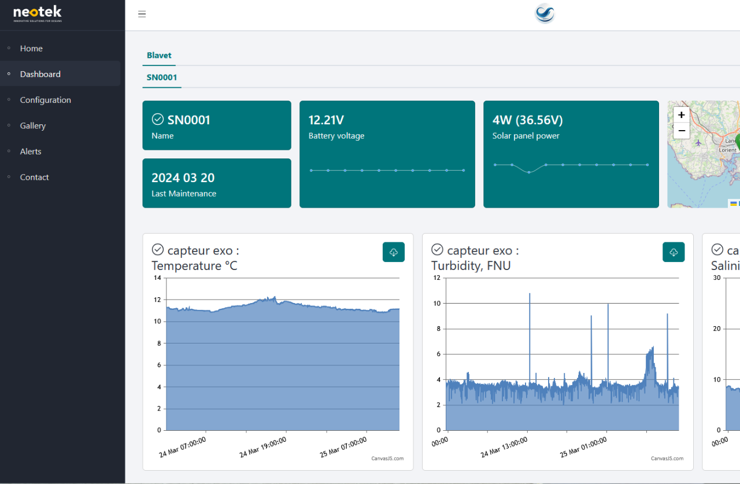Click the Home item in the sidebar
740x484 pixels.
click(x=31, y=49)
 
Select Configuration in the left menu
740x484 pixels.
click(x=45, y=100)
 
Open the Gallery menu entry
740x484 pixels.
click(x=32, y=125)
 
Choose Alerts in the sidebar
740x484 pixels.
click(x=31, y=152)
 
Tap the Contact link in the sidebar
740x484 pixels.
click(x=34, y=177)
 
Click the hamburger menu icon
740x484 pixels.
click(x=142, y=14)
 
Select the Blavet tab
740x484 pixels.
click(x=159, y=56)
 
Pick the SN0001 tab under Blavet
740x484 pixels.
click(x=162, y=77)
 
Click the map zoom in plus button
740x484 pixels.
click(x=682, y=115)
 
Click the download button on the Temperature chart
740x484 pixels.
click(x=394, y=252)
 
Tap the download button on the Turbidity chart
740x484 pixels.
click(x=674, y=252)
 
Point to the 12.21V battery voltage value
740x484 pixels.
click(x=326, y=120)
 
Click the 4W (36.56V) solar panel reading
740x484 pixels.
click(x=527, y=120)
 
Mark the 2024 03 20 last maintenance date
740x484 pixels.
click(x=183, y=178)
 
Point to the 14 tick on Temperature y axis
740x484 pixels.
click(x=157, y=278)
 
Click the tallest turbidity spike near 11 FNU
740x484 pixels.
click(x=530, y=294)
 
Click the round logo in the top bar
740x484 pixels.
click(x=545, y=14)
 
